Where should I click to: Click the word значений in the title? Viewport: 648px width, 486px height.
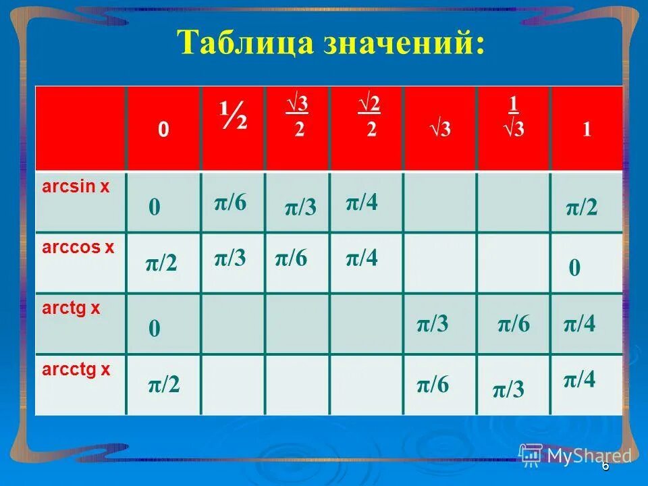coord(392,44)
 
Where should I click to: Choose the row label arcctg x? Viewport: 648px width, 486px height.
coord(76,369)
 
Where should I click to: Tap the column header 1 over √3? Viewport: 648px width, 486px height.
coord(513,118)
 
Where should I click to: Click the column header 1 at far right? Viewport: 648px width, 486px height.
coord(587,130)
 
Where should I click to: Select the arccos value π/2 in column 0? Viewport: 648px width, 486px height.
coord(161,264)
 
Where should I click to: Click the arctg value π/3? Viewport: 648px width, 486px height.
coord(433,325)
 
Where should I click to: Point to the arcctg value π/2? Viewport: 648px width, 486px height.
coord(164,385)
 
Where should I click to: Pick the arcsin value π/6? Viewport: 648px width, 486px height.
coord(230,202)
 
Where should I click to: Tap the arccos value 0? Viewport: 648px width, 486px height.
coord(574,269)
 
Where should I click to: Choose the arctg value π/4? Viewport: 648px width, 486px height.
coord(580,325)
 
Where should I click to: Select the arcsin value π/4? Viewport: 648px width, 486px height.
coord(362,202)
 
